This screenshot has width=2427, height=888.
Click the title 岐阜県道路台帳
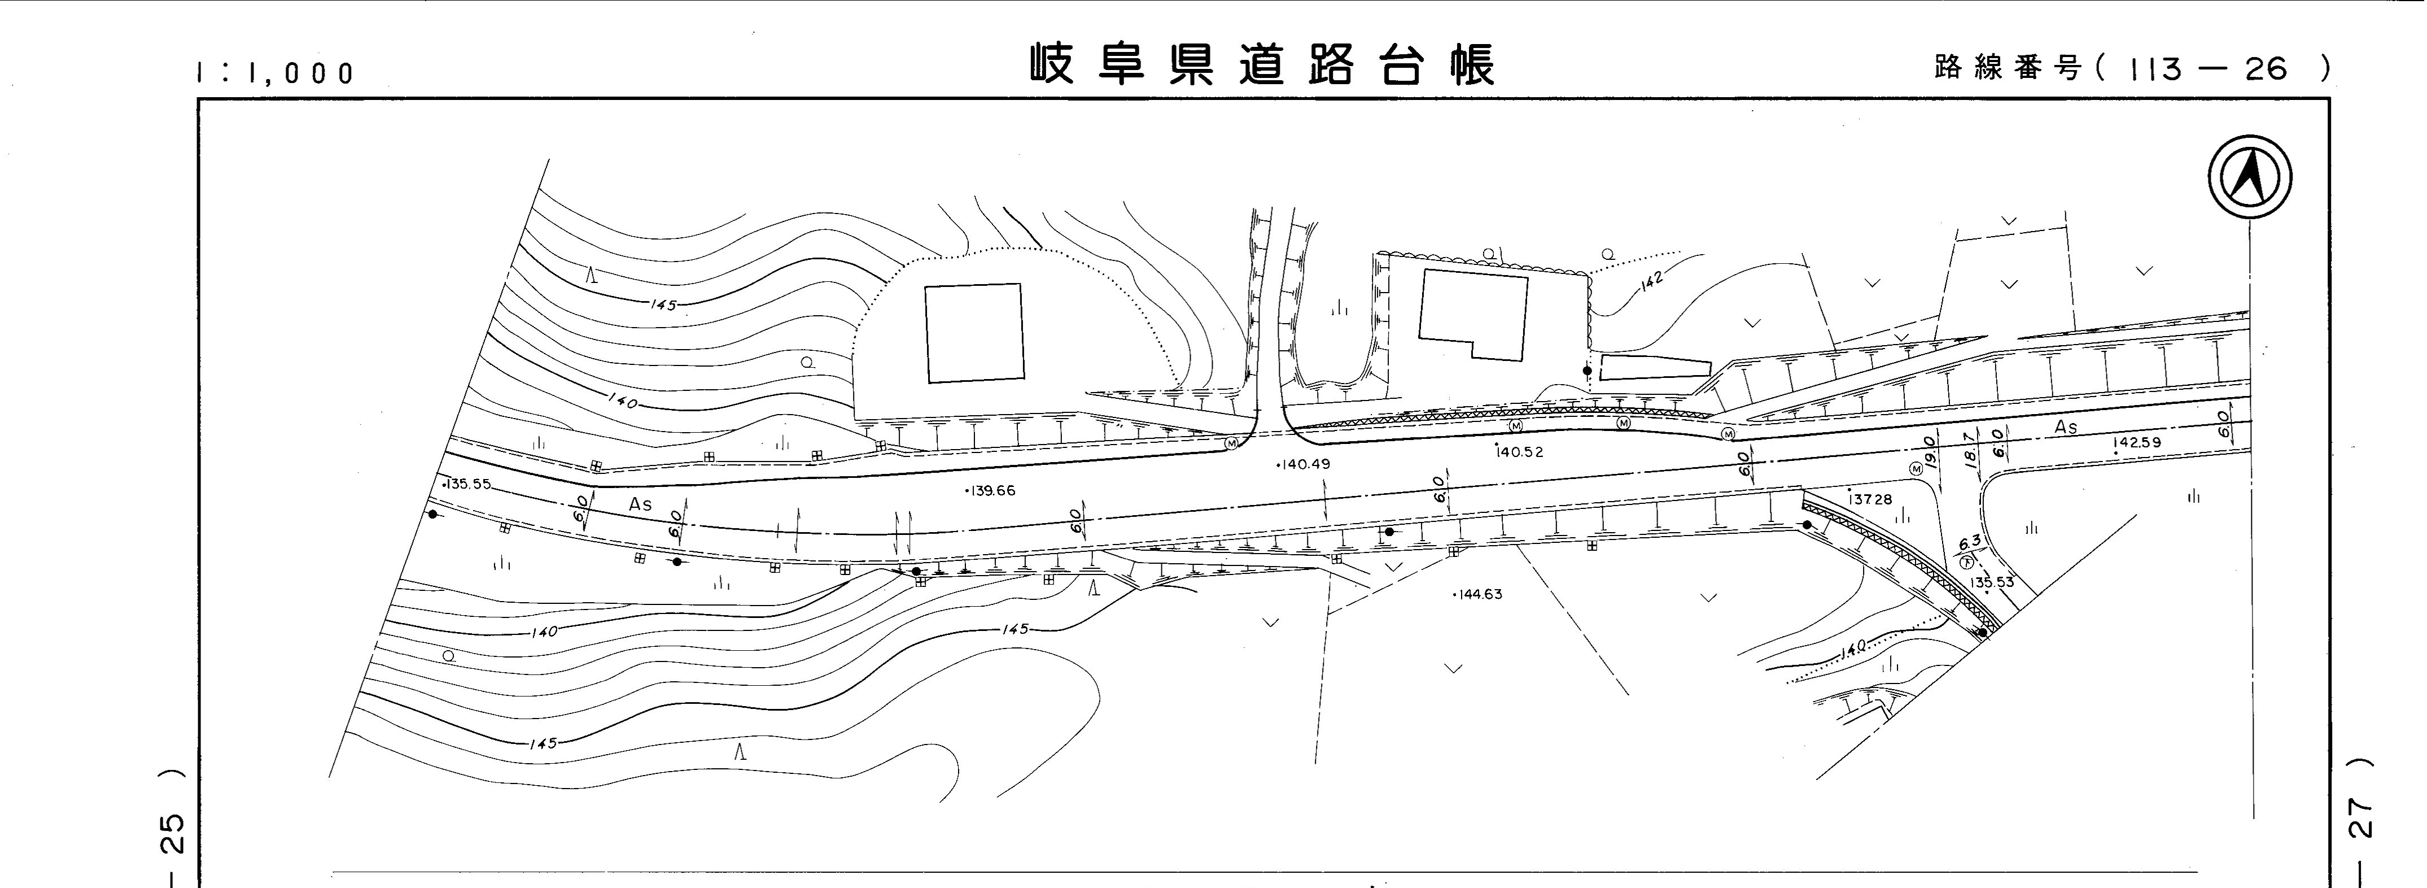click(1262, 64)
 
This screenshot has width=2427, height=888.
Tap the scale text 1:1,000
click(275, 72)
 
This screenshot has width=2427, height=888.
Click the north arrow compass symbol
click(2250, 177)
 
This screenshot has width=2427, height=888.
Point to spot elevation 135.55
click(468, 485)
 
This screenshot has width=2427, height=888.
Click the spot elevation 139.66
click(991, 491)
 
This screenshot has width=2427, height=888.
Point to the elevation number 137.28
click(1870, 499)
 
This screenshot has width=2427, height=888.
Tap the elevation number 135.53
click(1992, 582)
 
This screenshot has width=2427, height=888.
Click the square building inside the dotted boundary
click(974, 334)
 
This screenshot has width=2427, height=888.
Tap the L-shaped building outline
click(1472, 314)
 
